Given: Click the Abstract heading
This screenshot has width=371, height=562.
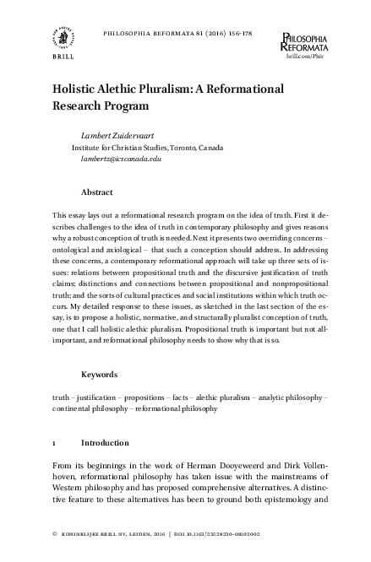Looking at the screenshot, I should pyautogui.click(x=97, y=192).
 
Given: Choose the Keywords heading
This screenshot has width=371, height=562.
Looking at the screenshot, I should pyautogui.click(x=99, y=374).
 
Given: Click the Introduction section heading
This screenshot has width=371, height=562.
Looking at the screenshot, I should pyautogui.click(x=105, y=442).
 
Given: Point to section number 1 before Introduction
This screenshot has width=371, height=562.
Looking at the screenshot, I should pyautogui.click(x=54, y=442).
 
